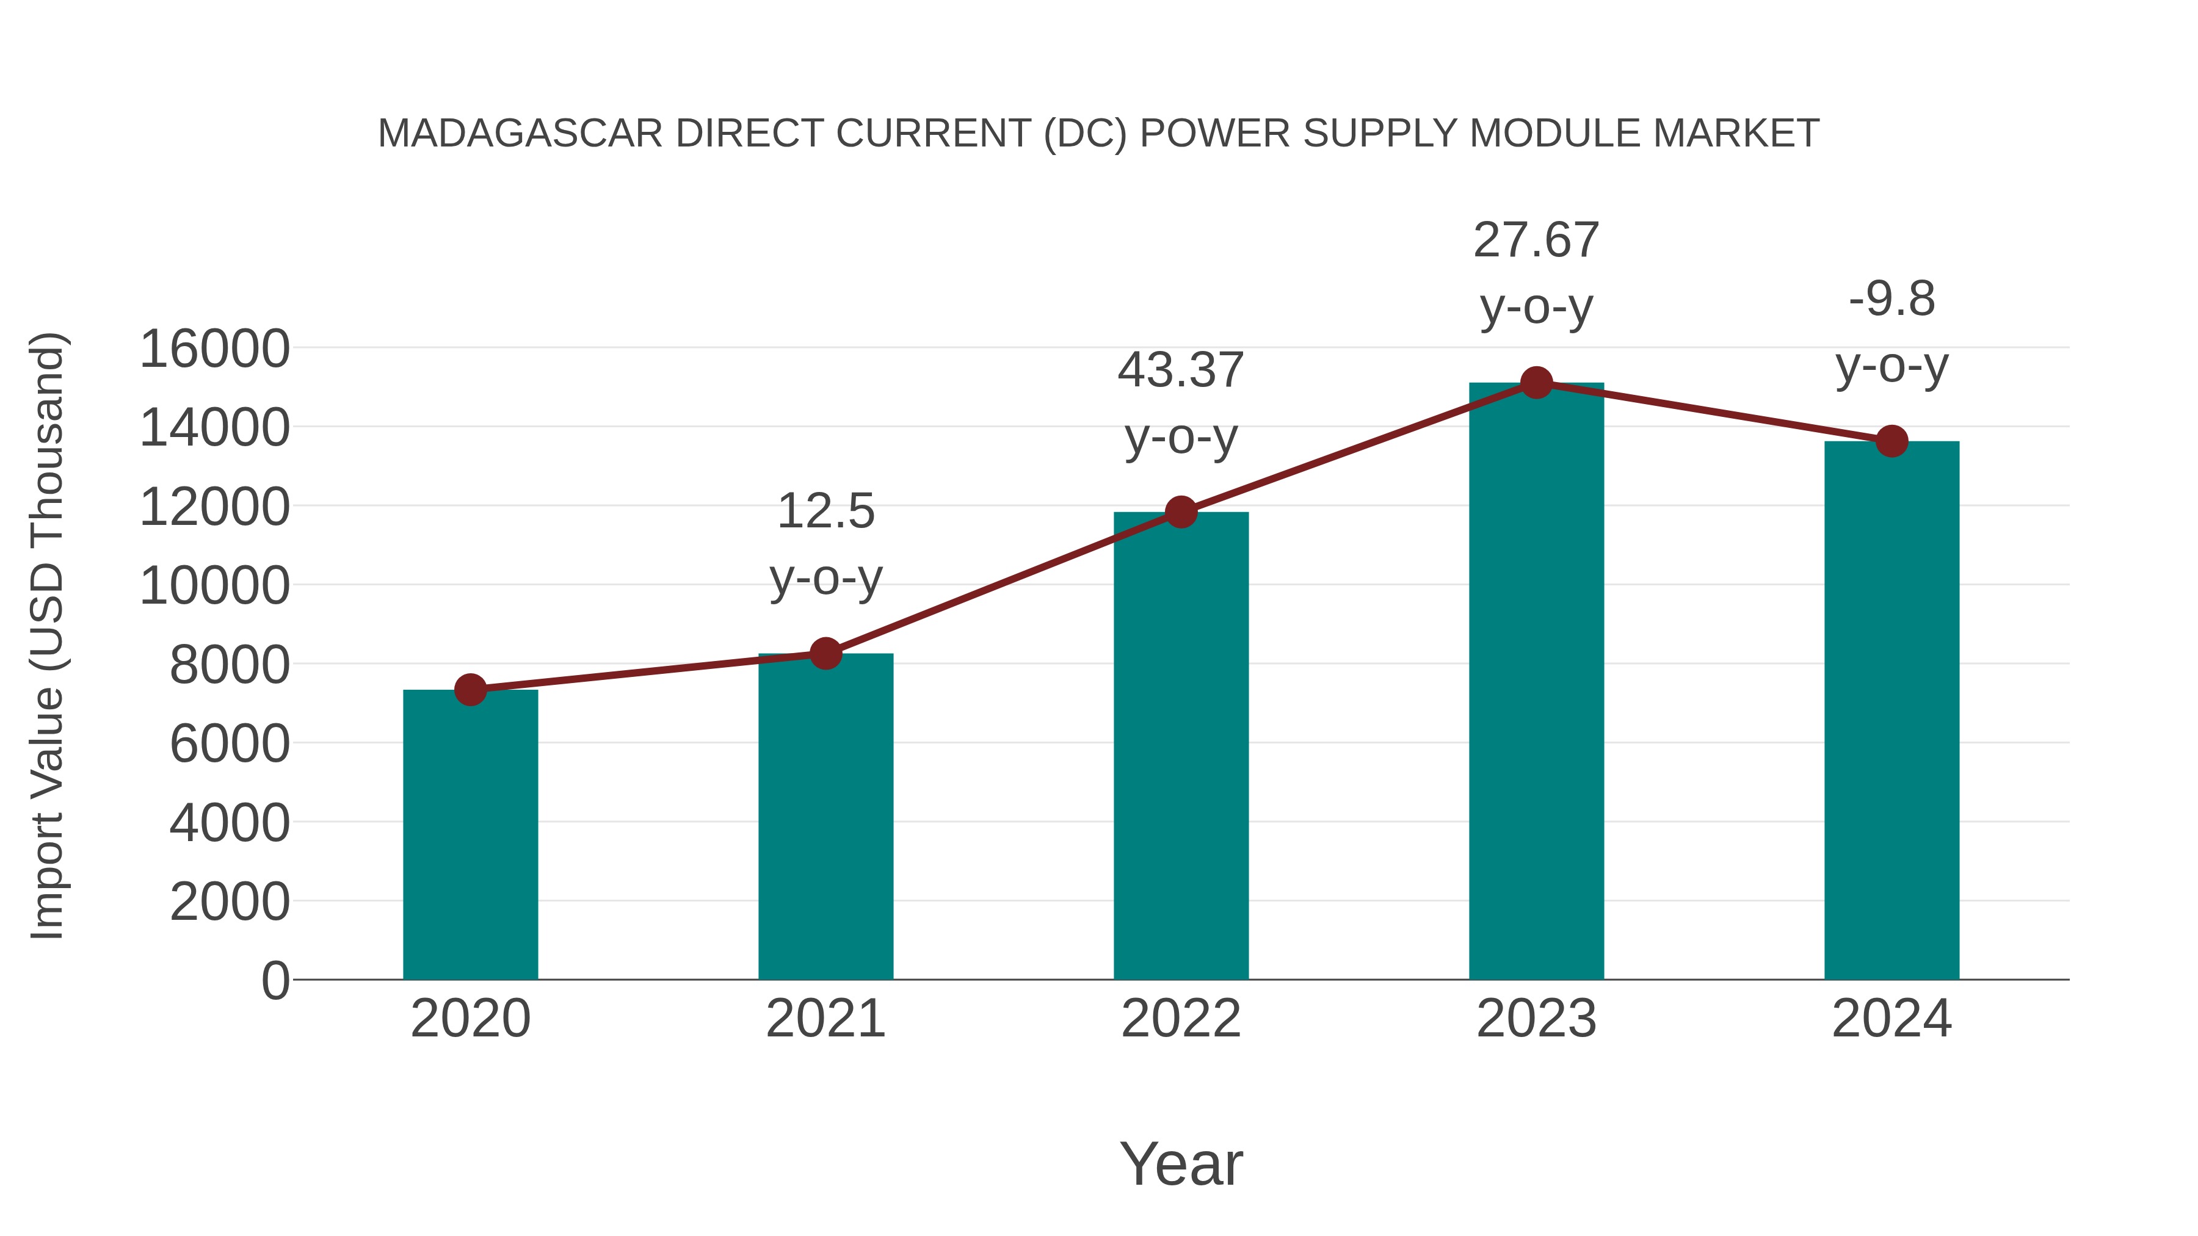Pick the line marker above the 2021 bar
pos(825,653)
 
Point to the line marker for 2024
pos(1892,441)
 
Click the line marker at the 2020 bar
pos(470,689)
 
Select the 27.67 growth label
pos(1536,240)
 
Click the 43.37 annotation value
pos(1181,370)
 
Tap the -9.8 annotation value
pos(1892,300)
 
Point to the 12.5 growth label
pos(825,511)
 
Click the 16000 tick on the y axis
pos(214,349)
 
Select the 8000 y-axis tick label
pos(230,665)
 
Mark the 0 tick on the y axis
pos(275,981)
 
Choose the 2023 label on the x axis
pos(1536,1019)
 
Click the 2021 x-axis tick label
pos(825,1019)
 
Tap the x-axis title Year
pos(1181,1163)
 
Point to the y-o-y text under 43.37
pos(1181,438)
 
